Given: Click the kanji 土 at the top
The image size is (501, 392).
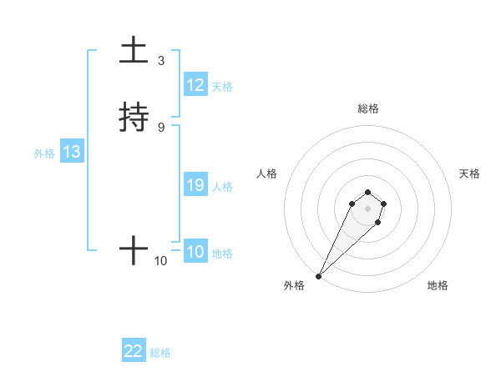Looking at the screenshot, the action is coord(134,50).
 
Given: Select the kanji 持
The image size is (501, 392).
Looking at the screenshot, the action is coord(134,118).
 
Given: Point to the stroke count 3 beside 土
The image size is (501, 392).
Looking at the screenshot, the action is coord(161,61).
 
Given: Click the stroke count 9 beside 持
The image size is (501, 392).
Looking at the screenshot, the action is coord(161,127).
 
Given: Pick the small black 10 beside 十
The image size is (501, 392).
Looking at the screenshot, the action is coord(161,261).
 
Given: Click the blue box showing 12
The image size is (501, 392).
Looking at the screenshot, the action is coord(195,85).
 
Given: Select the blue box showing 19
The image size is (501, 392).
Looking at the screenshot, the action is coord(195,185).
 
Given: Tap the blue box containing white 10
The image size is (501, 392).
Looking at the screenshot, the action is coord(195,252).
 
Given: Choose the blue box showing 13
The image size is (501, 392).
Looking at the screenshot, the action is coord(72,152).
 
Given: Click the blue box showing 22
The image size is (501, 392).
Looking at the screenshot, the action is coord(134,351).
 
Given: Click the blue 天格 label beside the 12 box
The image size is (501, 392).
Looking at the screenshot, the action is coord(222,86).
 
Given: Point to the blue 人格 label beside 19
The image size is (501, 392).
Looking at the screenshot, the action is coord(223,186).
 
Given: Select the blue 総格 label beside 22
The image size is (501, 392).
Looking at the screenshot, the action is coord(160,352).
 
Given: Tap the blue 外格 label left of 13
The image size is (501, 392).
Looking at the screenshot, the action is coord(43,153).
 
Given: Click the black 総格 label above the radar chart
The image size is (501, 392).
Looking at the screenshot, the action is coord(367,108).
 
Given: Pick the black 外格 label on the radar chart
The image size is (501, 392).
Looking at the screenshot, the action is coord(294,285).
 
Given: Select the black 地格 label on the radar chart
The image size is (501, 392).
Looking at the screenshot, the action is coord(438,285).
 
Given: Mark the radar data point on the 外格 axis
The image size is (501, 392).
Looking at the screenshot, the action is coord(318,275).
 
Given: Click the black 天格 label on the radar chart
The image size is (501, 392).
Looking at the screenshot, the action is coord(469,173).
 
